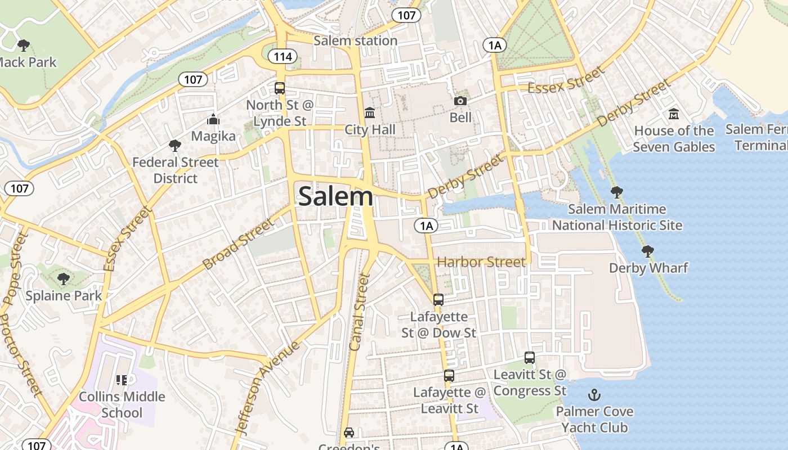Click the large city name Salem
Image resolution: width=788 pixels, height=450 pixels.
point(335,196)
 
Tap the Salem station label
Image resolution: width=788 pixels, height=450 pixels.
point(355,40)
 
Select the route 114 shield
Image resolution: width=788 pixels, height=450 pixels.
point(280,56)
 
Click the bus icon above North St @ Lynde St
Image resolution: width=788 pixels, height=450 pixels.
point(280,88)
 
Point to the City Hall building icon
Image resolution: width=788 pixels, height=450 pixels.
point(370,113)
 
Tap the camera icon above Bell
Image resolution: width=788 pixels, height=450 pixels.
point(460,101)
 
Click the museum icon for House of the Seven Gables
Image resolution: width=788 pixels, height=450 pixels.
point(674,114)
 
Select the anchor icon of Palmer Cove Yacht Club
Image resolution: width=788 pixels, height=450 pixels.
point(594,395)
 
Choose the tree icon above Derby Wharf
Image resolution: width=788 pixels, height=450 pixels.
point(648,251)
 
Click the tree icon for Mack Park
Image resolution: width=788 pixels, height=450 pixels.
point(23,45)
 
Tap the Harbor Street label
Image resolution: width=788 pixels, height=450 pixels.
point(481,262)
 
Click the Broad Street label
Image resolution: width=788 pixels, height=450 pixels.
point(238,243)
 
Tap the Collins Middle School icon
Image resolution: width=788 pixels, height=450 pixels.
point(122,380)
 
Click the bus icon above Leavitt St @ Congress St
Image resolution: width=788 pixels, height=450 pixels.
point(530,357)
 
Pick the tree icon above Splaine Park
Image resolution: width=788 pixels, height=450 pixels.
point(64,278)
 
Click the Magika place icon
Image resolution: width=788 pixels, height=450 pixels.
point(213,119)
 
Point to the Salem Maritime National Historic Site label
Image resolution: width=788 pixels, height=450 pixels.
point(617,217)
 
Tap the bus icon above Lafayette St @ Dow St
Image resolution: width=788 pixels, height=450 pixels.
point(438,299)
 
